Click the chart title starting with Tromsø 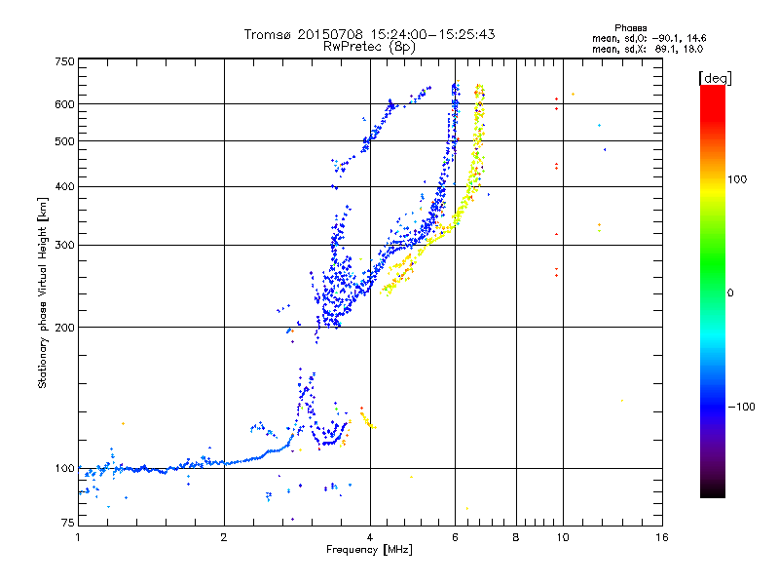pos(369,34)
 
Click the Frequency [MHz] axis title pos(369,551)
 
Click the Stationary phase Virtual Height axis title pos(43,292)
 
